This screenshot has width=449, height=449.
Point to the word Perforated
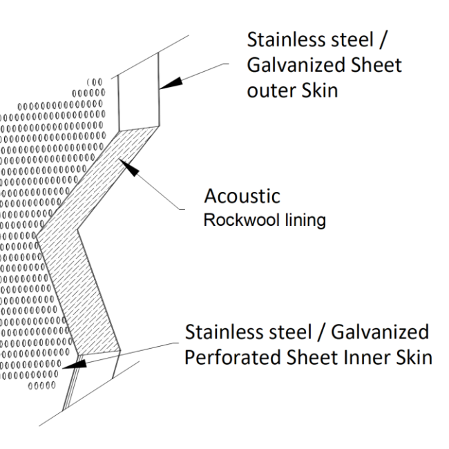[233, 360]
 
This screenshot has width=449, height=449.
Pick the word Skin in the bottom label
[417, 360]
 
